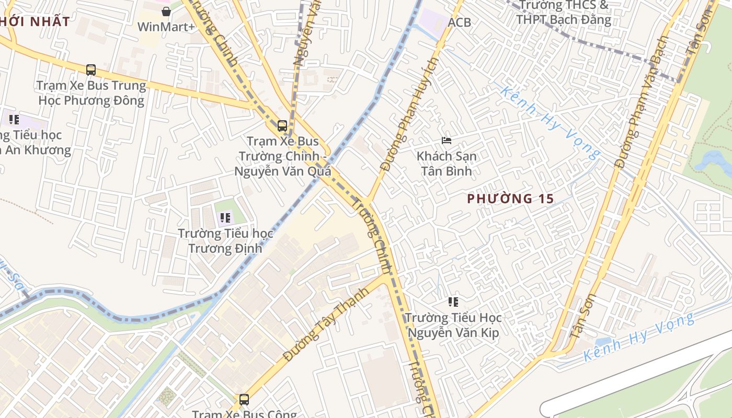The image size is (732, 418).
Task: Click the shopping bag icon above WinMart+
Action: [166, 11]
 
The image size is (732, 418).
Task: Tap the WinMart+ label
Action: [166, 27]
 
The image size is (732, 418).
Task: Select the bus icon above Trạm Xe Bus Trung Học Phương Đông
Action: [91, 69]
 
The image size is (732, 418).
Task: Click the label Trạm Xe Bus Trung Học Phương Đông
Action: [92, 92]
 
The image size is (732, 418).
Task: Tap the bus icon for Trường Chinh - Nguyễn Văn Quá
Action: [282, 125]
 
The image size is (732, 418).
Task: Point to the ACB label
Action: [459, 22]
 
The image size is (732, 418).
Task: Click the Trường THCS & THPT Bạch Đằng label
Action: [563, 13]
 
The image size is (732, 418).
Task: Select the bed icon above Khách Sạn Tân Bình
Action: [446, 140]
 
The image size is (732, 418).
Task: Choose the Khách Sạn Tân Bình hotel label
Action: [446, 164]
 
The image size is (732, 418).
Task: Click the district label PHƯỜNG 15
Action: [510, 199]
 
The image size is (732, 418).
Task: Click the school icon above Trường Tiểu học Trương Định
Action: [225, 218]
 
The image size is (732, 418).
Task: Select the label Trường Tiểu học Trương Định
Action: [225, 240]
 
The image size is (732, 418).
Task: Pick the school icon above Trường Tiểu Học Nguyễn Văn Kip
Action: [453, 301]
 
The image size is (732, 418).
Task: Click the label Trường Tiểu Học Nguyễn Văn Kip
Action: [453, 325]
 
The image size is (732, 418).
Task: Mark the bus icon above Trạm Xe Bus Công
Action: [244, 400]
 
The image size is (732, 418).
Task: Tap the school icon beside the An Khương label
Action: [14, 119]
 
